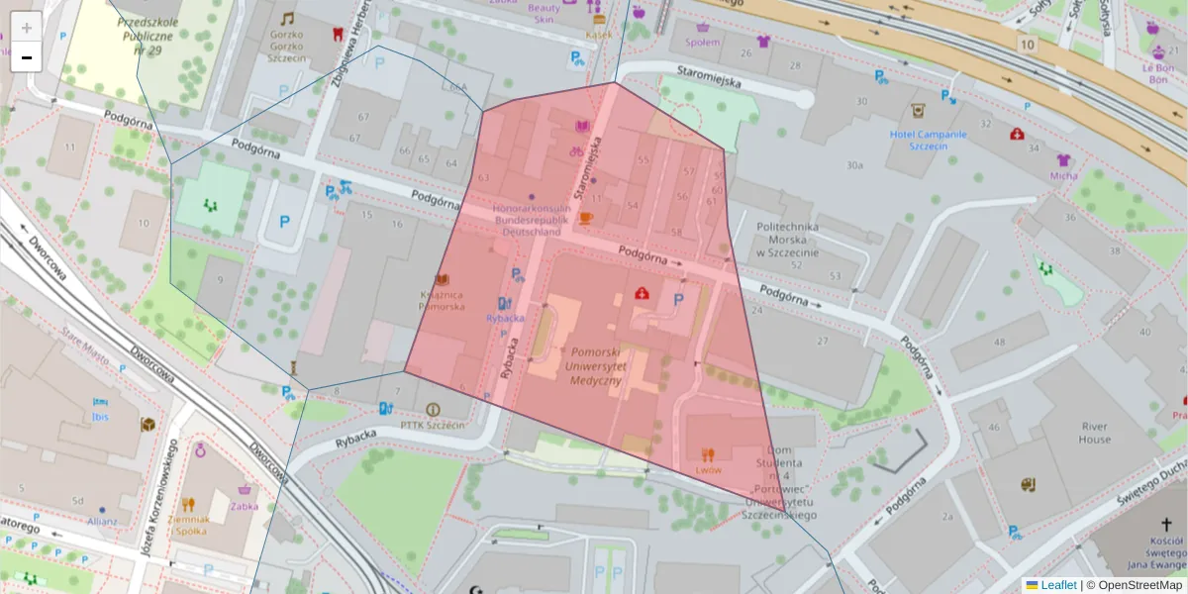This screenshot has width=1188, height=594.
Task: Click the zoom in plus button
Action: pyautogui.click(x=27, y=27)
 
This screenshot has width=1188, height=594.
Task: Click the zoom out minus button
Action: pyautogui.click(x=27, y=57)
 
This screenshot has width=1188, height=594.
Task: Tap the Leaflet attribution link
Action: pyautogui.click(x=1057, y=585)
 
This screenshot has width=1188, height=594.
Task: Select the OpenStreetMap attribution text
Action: pyautogui.click(x=1140, y=585)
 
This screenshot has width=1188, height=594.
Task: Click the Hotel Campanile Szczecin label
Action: pyautogui.click(x=928, y=140)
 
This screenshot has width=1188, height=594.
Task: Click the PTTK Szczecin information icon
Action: pyautogui.click(x=432, y=409)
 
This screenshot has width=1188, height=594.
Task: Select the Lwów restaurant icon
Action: pyautogui.click(x=707, y=454)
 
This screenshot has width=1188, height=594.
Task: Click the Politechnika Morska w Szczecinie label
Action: pyautogui.click(x=788, y=240)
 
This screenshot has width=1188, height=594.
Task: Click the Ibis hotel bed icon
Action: pyautogui.click(x=99, y=403)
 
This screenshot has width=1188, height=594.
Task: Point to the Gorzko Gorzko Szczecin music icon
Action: pyautogui.click(x=287, y=19)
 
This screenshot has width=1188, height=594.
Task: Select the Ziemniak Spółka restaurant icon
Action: pyautogui.click(x=188, y=504)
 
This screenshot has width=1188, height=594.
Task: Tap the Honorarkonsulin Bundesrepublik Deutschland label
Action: pyautogui.click(x=533, y=220)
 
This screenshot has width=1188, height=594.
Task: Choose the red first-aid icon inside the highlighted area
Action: pyautogui.click(x=642, y=294)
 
